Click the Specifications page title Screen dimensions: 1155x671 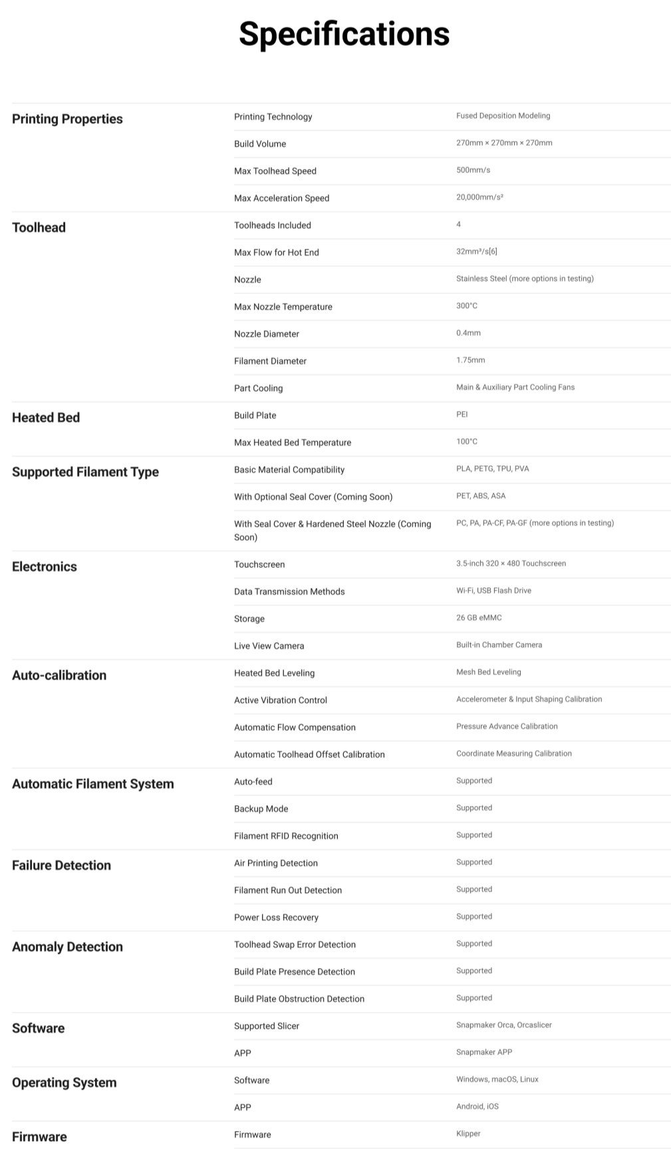(x=344, y=34)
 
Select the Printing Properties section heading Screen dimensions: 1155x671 (x=67, y=119)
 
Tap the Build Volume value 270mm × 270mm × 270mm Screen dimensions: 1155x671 (x=504, y=143)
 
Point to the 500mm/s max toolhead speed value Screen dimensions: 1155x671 (x=473, y=170)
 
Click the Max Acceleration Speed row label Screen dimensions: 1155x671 (x=281, y=198)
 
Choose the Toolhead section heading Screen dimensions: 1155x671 (x=39, y=227)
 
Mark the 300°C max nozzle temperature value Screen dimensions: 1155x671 (x=467, y=306)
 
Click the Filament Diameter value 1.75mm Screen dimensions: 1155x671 (x=470, y=360)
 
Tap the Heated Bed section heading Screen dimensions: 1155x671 (x=46, y=418)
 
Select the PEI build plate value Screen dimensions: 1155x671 (x=462, y=414)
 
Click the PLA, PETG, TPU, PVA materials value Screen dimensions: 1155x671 (x=492, y=469)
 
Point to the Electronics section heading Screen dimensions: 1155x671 (x=45, y=567)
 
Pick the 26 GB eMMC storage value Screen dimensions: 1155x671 (x=479, y=618)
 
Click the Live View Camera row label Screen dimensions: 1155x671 (x=269, y=646)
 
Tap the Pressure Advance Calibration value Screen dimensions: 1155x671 (x=507, y=726)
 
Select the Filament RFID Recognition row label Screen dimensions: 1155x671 (x=286, y=836)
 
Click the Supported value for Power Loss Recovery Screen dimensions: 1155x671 (x=474, y=916)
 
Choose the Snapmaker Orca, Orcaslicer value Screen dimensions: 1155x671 (x=503, y=1025)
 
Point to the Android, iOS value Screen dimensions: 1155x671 (x=477, y=1106)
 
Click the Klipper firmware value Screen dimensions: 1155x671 (x=468, y=1134)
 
